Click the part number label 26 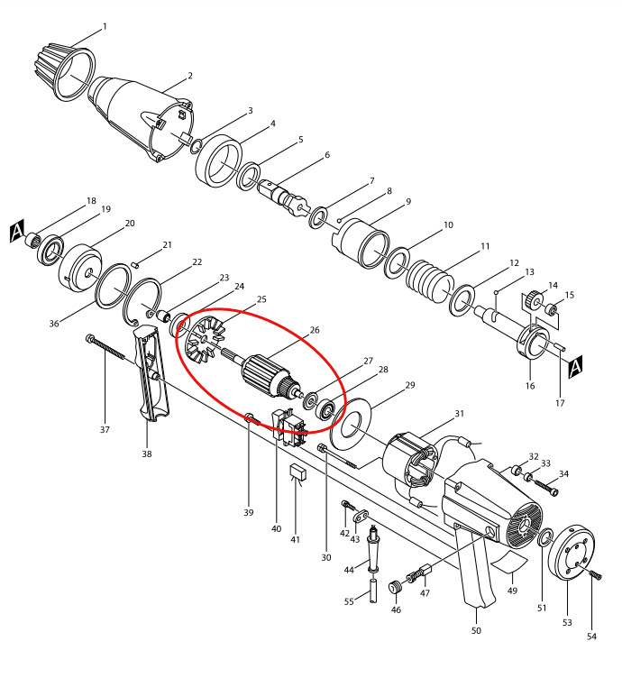[x=315, y=330]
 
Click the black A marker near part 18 [x=16, y=233]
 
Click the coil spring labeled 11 [x=429, y=278]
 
